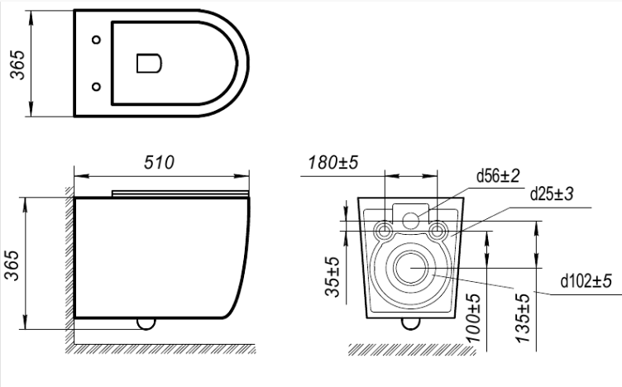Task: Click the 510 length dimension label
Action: tap(159, 163)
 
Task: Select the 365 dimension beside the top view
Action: tap(17, 65)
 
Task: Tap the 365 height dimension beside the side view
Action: tap(12, 265)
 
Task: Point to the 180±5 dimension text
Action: tap(333, 162)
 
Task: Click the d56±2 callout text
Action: tap(498, 175)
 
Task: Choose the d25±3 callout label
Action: tap(552, 193)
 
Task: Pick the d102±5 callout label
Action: tap(586, 280)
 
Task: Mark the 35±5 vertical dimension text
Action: tap(333, 277)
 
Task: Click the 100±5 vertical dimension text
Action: tap(473, 318)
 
